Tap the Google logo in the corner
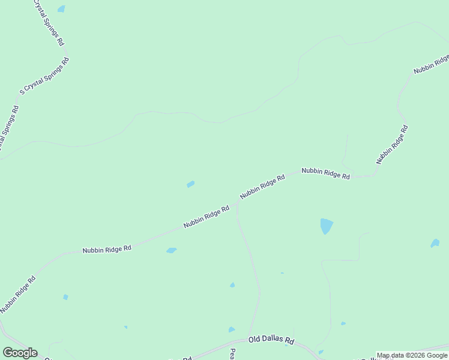coord(20,353)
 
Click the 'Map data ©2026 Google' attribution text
coord(412,355)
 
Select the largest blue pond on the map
coord(326,226)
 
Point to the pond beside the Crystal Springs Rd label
coord(61,10)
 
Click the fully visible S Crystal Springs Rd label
coord(45,76)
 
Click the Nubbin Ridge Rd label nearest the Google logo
coord(18,295)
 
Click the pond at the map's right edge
coord(435,244)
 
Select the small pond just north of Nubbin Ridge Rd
coord(190,184)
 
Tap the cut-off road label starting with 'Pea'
coord(232,355)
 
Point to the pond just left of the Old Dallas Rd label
coord(232,330)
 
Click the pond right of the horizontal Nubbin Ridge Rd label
coord(171,250)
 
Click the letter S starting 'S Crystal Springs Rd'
coord(22,92)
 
